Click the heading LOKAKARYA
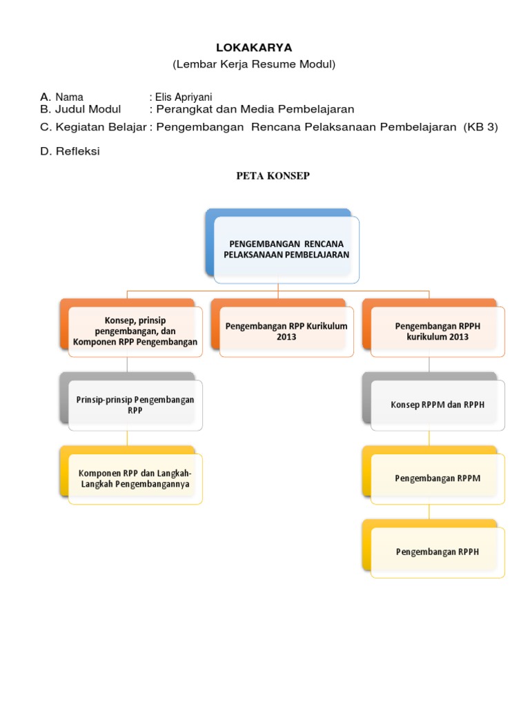coord(254,48)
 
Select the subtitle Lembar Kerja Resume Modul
coord(254,64)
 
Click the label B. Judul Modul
coord(81,109)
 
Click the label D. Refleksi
coord(70,151)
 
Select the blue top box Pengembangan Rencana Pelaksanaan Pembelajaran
coord(286,249)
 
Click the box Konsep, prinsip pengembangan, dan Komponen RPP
coord(135,331)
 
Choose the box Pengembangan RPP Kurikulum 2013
coord(286,331)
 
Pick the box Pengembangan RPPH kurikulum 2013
coord(438,331)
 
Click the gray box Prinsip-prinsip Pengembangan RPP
coord(135,405)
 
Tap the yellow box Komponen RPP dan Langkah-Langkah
coord(135,478)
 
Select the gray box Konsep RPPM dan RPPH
coord(438,405)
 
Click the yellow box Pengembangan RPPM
coord(438,478)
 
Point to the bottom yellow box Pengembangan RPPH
coord(438,552)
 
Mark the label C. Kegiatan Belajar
coord(93,127)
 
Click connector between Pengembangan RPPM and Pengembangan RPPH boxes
coord(429,512)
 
